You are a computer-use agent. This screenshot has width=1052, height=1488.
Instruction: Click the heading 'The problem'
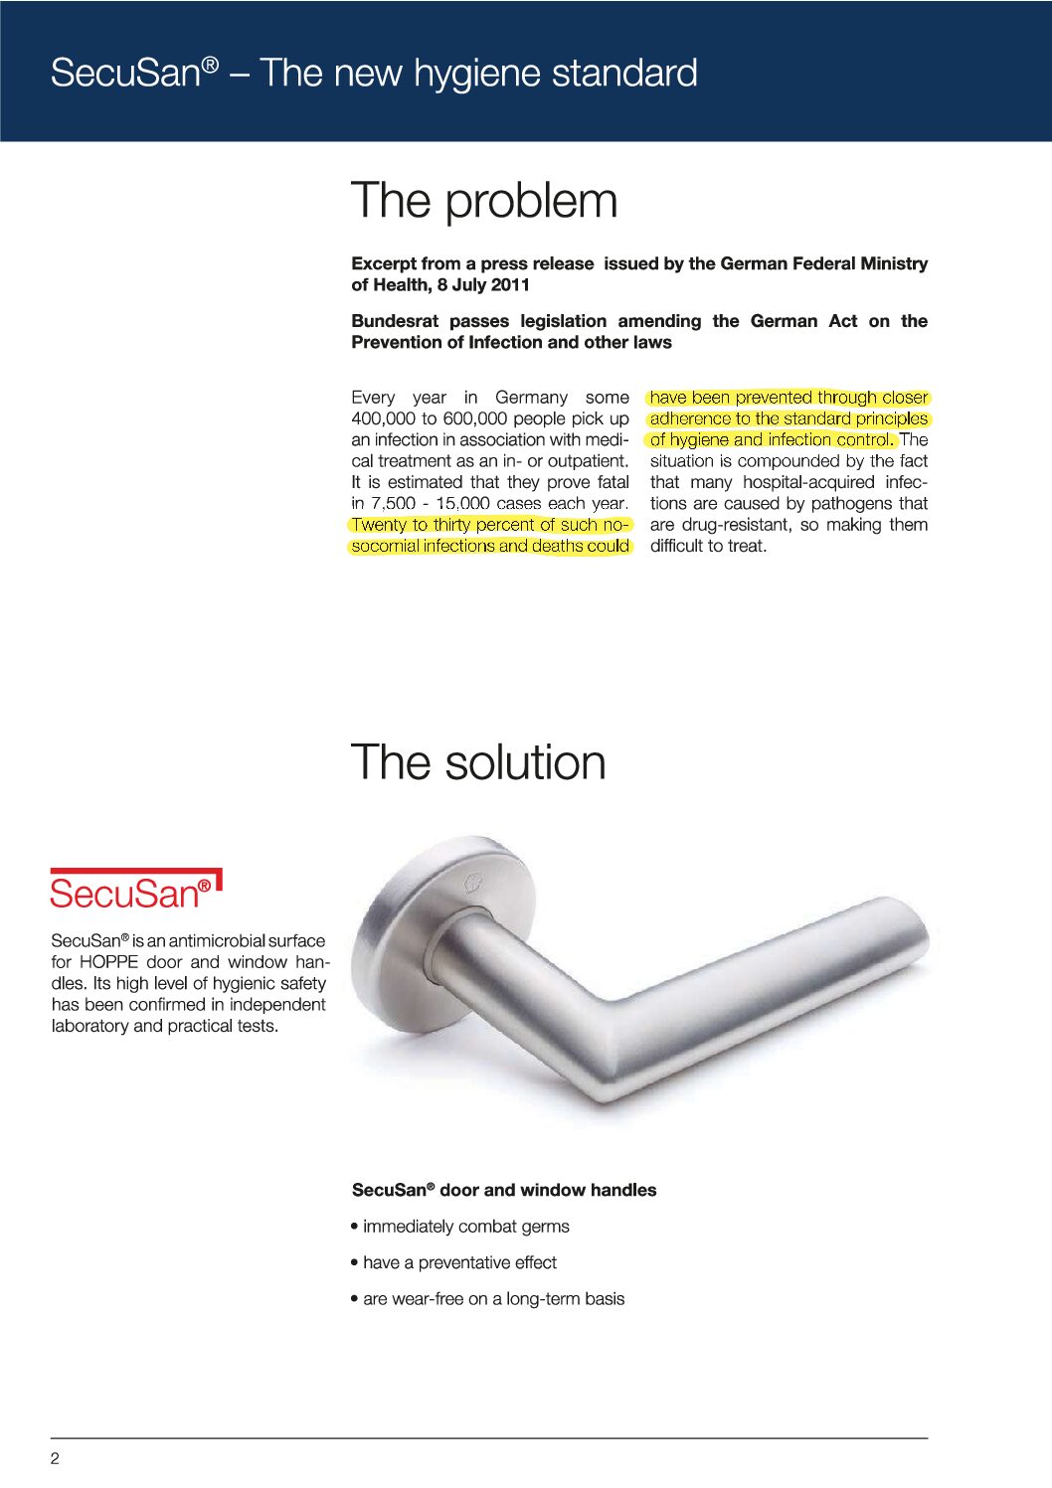484,201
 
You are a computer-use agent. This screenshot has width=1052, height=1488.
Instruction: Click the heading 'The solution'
478,762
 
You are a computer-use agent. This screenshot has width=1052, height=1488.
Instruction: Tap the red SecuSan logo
135,891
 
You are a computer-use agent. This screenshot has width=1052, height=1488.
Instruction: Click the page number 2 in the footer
55,1458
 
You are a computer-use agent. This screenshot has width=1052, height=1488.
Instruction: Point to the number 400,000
383,418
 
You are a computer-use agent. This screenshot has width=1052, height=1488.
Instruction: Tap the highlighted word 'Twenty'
379,525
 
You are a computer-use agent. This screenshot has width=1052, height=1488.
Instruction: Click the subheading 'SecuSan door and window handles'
504,1190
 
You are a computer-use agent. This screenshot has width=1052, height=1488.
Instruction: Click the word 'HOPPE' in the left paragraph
108,962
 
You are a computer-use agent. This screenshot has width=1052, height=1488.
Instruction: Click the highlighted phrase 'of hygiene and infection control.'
772,439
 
